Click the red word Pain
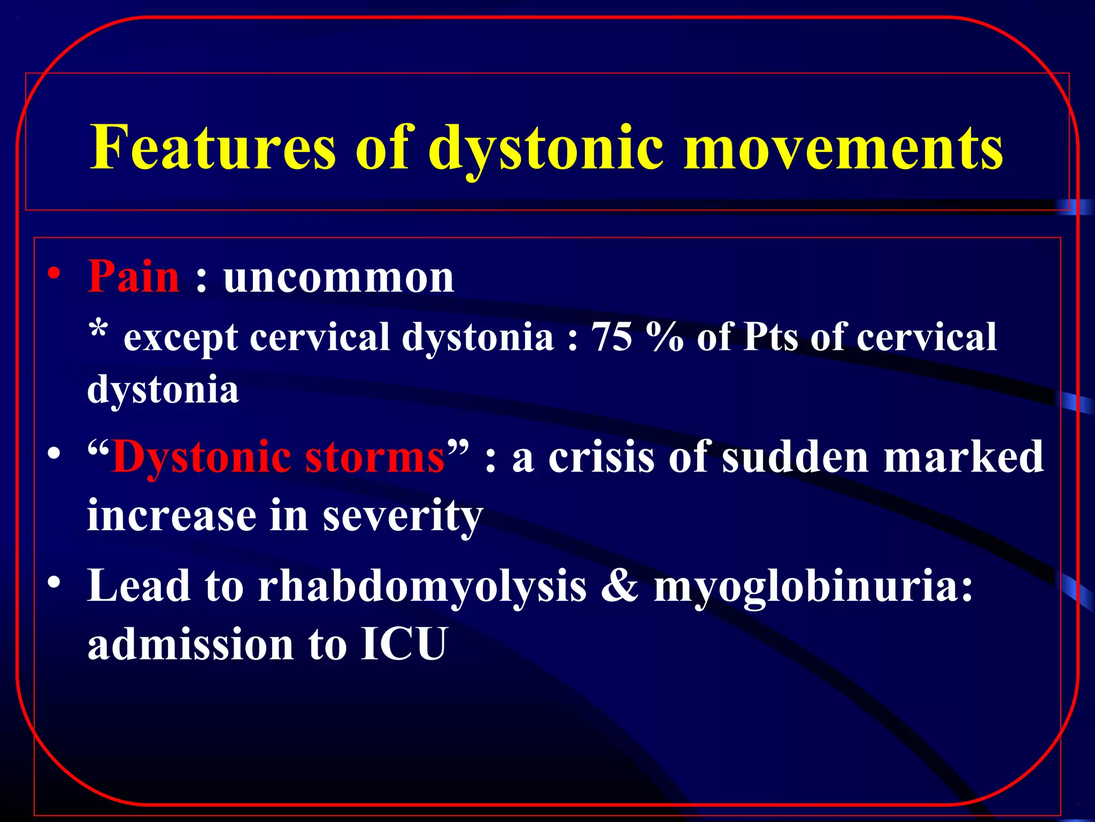134,277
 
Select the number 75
612,337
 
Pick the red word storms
374,458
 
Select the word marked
963,458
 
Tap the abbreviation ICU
404,644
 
